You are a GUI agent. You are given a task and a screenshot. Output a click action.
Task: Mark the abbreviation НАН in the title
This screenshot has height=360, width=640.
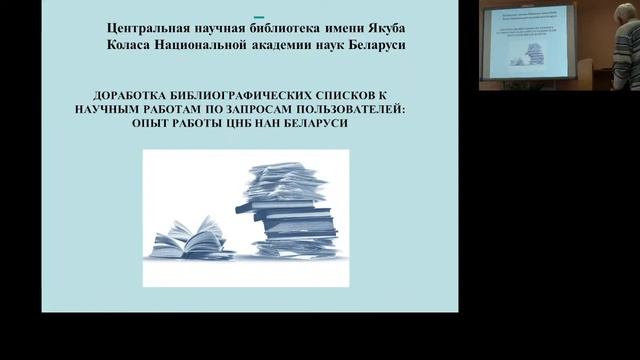point(288,131)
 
